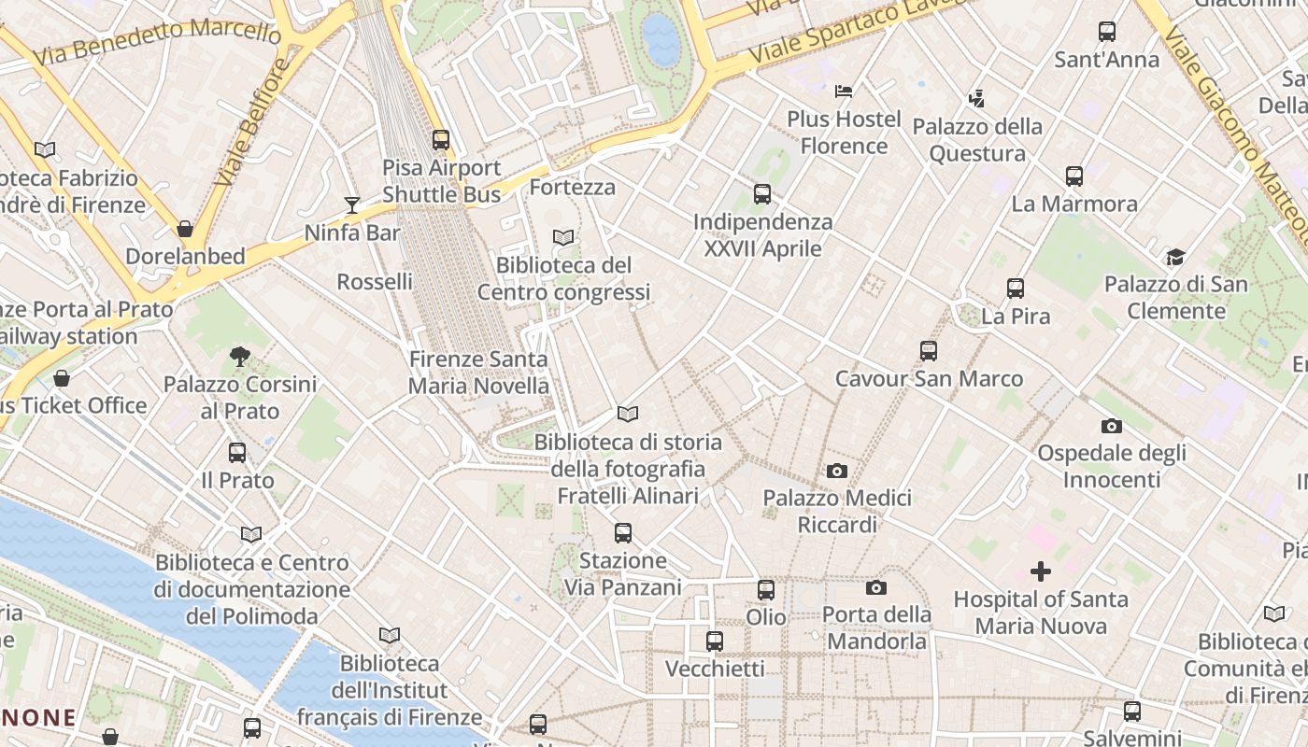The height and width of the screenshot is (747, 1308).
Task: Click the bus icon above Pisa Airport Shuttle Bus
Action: point(441,140)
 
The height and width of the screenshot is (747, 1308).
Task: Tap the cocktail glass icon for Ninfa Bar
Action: point(352,204)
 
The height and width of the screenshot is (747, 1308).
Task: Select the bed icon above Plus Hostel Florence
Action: point(844,92)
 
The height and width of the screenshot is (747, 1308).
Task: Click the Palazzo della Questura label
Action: point(977,140)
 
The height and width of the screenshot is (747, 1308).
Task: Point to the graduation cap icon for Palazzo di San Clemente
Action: point(1175,257)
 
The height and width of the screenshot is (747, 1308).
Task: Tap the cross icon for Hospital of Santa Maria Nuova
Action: point(1040,571)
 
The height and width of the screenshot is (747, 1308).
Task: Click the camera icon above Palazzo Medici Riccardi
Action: point(837,471)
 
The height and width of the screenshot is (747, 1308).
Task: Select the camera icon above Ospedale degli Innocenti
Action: point(1111,426)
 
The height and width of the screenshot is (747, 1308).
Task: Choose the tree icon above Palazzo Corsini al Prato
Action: point(240,356)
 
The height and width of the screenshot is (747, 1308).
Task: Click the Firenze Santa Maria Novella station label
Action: point(478,373)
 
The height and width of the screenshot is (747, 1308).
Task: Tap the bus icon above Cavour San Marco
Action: point(928,351)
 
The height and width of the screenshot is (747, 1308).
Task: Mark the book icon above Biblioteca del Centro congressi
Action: point(563,238)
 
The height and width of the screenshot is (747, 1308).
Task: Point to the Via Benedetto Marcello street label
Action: point(156,42)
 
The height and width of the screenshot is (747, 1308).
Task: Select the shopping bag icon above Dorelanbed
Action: point(185,229)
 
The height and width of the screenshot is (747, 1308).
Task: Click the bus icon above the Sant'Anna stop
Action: point(1107,32)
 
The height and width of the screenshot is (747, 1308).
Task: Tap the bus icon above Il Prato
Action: point(237,453)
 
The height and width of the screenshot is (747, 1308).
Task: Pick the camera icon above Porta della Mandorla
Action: point(875,587)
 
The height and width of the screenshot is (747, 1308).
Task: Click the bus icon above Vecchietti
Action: point(715,641)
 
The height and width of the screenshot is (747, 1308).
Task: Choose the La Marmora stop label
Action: point(1074,204)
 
